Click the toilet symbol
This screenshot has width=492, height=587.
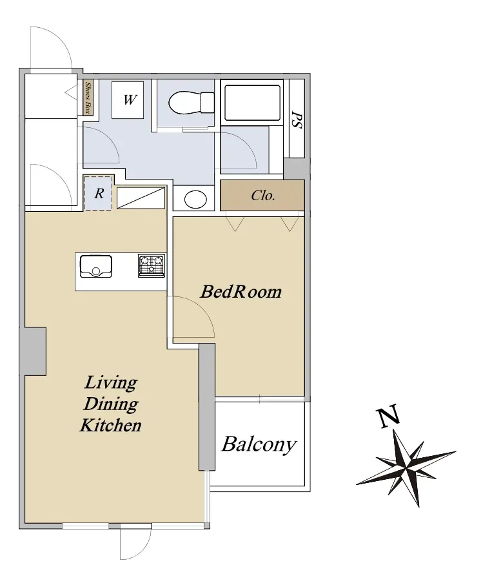pyautogui.click(x=192, y=102)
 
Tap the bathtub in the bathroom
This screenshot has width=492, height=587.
pyautogui.click(x=251, y=102)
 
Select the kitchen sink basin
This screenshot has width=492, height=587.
pyautogui.click(x=96, y=266)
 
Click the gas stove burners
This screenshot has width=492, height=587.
pyautogui.click(x=152, y=265)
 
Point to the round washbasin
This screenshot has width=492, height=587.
pyautogui.click(x=195, y=199)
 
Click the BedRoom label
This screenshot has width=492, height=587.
pyautogui.click(x=241, y=292)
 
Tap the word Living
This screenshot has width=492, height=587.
pyautogui.click(x=111, y=383)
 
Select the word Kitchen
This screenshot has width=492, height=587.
pyautogui.click(x=111, y=426)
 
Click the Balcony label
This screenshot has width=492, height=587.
pyautogui.click(x=259, y=445)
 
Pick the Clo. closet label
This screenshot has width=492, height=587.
pyautogui.click(x=263, y=195)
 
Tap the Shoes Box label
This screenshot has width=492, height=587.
pyautogui.click(x=88, y=98)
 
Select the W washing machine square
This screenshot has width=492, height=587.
pyautogui.click(x=128, y=100)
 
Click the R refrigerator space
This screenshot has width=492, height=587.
pyautogui.click(x=99, y=193)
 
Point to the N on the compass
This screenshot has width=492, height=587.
pyautogui.click(x=388, y=417)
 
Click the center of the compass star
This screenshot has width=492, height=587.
pyautogui.click(x=406, y=467)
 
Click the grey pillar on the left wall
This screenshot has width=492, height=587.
pyautogui.click(x=33, y=351)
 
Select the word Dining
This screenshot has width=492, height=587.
pyautogui.click(x=111, y=404)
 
